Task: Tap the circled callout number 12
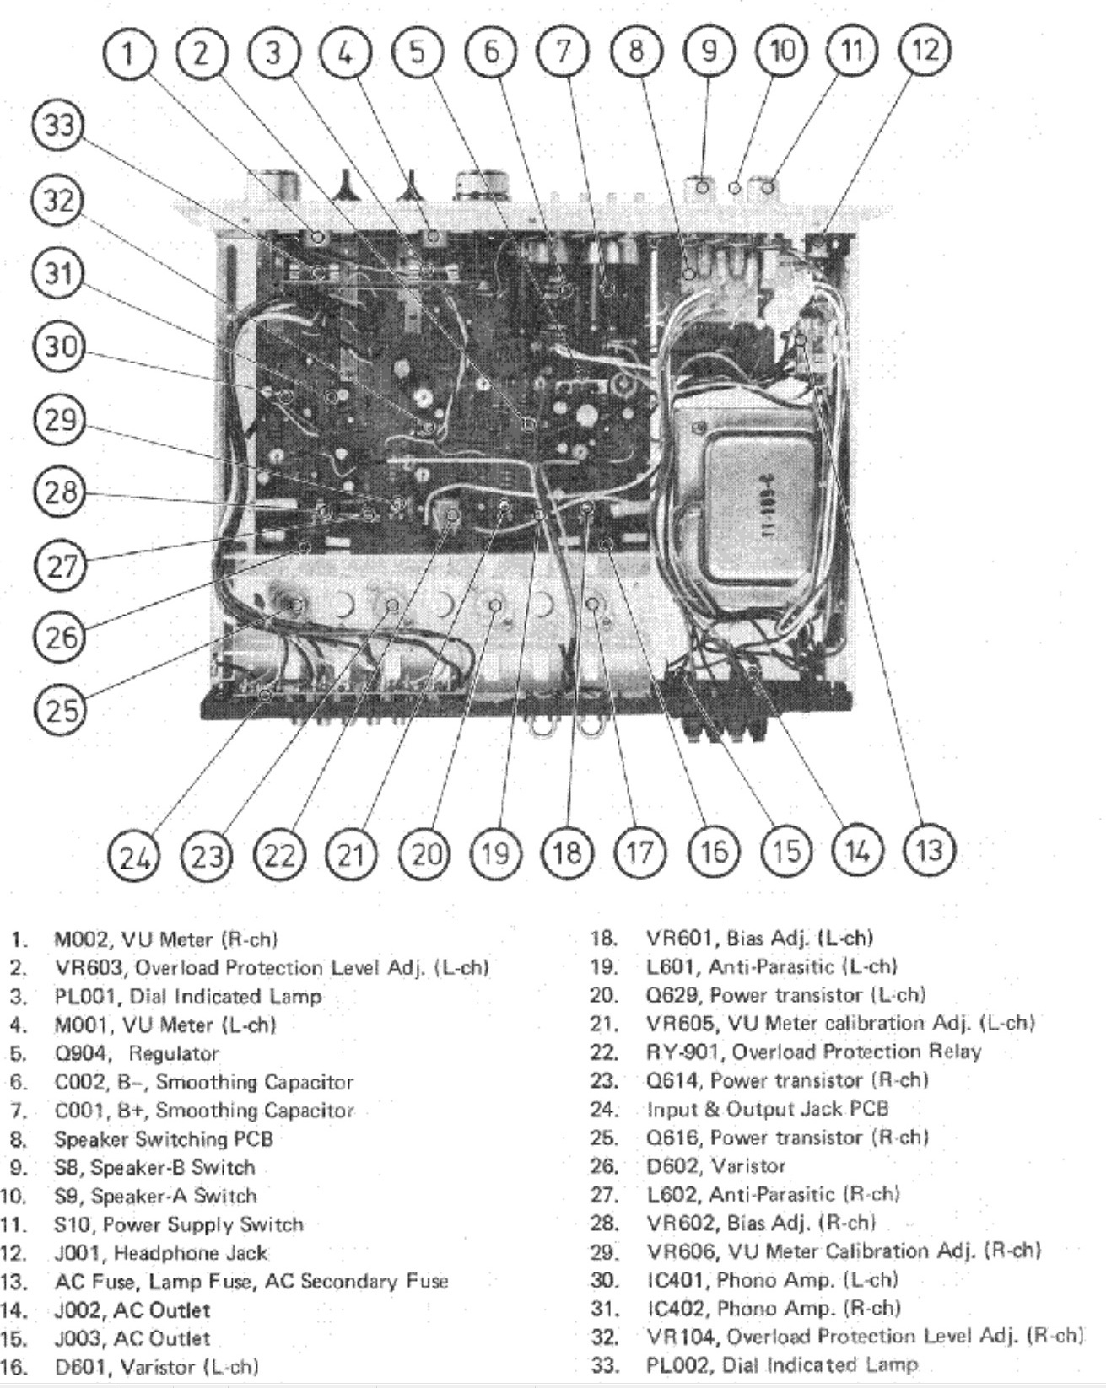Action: coord(925,51)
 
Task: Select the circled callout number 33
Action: coord(57,126)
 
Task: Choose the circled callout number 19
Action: coord(494,853)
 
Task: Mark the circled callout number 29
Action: coord(60,419)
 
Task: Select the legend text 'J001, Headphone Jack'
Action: coord(160,1253)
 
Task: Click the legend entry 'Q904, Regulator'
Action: coord(137,1054)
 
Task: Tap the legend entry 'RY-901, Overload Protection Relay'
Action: coord(813,1052)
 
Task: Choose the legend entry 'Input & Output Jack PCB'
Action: coord(767,1109)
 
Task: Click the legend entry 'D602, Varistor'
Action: coord(715,1166)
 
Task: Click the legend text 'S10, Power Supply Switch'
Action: coord(179,1224)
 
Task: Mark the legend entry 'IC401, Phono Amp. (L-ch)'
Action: coord(771,1280)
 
